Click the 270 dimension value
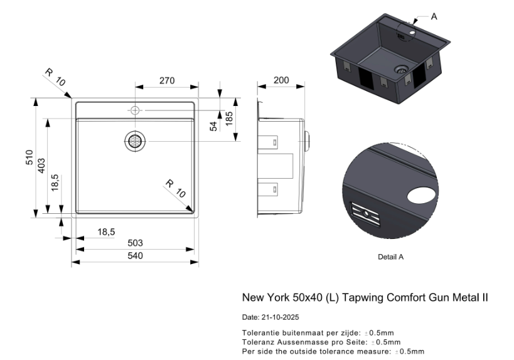click(x=166, y=80)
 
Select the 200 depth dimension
click(x=282, y=80)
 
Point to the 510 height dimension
click(x=29, y=157)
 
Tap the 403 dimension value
click(x=41, y=166)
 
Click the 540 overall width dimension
click(x=135, y=256)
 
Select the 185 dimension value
click(x=229, y=117)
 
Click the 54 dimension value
click(x=213, y=126)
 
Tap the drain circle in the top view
click(x=135, y=141)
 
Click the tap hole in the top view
click(x=135, y=110)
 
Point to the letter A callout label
click(x=434, y=17)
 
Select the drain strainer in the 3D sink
click(x=401, y=68)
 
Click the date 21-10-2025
click(x=281, y=317)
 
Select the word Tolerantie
click(x=260, y=333)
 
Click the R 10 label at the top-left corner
click(x=55, y=77)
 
